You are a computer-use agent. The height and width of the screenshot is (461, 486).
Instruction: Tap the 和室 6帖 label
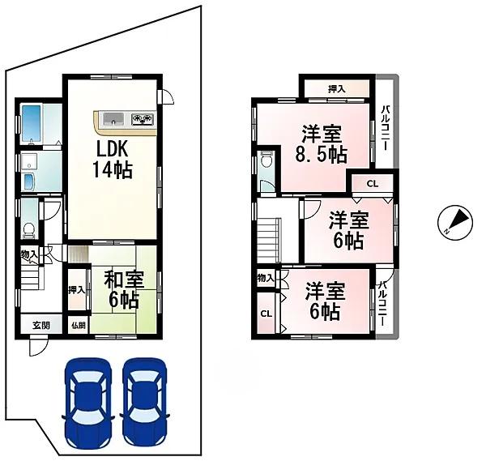point(124,289)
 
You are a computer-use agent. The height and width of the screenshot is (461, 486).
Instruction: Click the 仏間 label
point(78,325)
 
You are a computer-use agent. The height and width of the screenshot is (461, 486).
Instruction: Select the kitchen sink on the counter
point(113,118)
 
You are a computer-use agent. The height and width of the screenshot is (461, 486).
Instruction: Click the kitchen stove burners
point(143,118)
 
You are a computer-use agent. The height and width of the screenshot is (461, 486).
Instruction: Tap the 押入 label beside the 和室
point(76,289)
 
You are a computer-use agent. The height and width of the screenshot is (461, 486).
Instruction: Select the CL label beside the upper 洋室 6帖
point(372,184)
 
